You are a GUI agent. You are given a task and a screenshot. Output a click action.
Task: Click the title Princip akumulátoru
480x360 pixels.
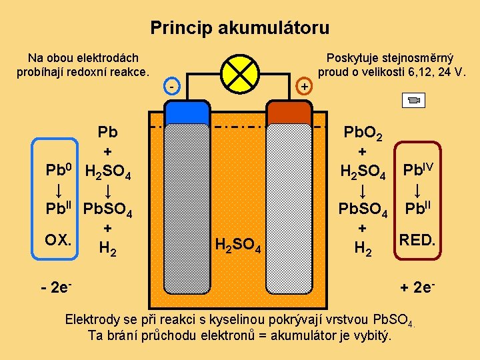point(239,28)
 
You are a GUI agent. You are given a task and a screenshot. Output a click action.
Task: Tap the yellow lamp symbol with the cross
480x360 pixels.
point(240,73)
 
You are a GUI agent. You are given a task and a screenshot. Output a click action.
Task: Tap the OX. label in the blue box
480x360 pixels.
point(59,238)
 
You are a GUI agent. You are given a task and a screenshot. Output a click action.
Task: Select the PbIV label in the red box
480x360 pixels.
point(417,169)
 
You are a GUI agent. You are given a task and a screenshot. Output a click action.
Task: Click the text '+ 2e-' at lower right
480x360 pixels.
point(418,288)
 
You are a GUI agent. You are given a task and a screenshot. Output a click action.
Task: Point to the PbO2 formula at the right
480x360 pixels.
point(362,133)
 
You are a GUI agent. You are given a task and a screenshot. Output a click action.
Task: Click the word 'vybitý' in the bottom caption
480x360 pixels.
point(374,334)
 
